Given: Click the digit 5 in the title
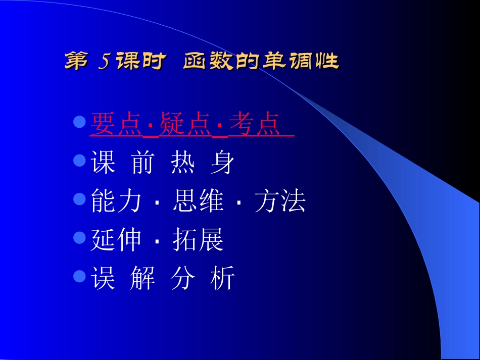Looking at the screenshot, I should click(x=104, y=62).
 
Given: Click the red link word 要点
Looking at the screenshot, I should click(x=115, y=125).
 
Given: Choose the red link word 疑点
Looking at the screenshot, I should click(x=184, y=125).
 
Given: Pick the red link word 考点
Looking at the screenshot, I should click(x=254, y=125).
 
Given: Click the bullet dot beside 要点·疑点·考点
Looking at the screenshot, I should click(x=79, y=122).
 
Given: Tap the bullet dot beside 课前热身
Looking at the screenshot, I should click(x=79, y=161).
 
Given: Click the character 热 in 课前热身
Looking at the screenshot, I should click(x=183, y=164).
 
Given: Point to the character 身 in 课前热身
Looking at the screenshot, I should click(x=223, y=164).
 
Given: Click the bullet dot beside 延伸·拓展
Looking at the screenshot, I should click(x=79, y=237).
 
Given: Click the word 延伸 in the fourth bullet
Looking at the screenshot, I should click(x=116, y=240).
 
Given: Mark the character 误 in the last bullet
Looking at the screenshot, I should click(x=103, y=279).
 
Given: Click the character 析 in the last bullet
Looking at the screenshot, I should click(x=223, y=279).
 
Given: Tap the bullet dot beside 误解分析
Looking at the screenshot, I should click(x=79, y=276).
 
